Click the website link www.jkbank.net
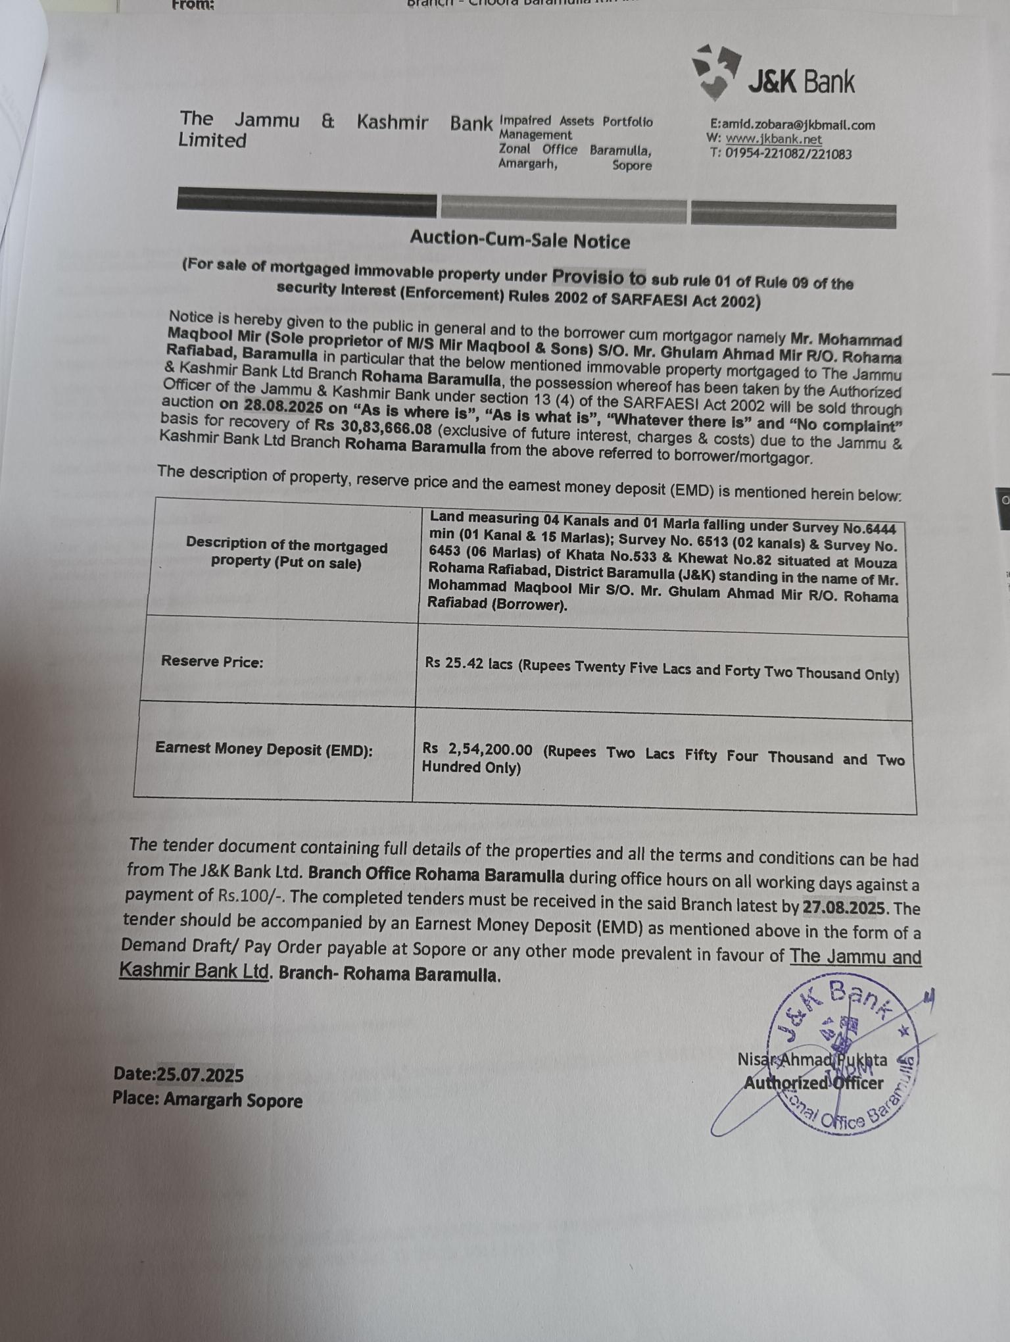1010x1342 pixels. coord(774,139)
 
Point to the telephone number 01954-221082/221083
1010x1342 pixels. coord(788,155)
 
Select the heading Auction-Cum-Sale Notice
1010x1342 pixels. coord(519,240)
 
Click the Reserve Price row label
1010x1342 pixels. coord(212,662)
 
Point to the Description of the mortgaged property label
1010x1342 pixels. coord(286,553)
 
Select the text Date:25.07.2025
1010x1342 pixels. coord(178,1075)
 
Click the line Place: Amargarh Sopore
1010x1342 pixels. coord(207,1100)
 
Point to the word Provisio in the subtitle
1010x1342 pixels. coord(598,278)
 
